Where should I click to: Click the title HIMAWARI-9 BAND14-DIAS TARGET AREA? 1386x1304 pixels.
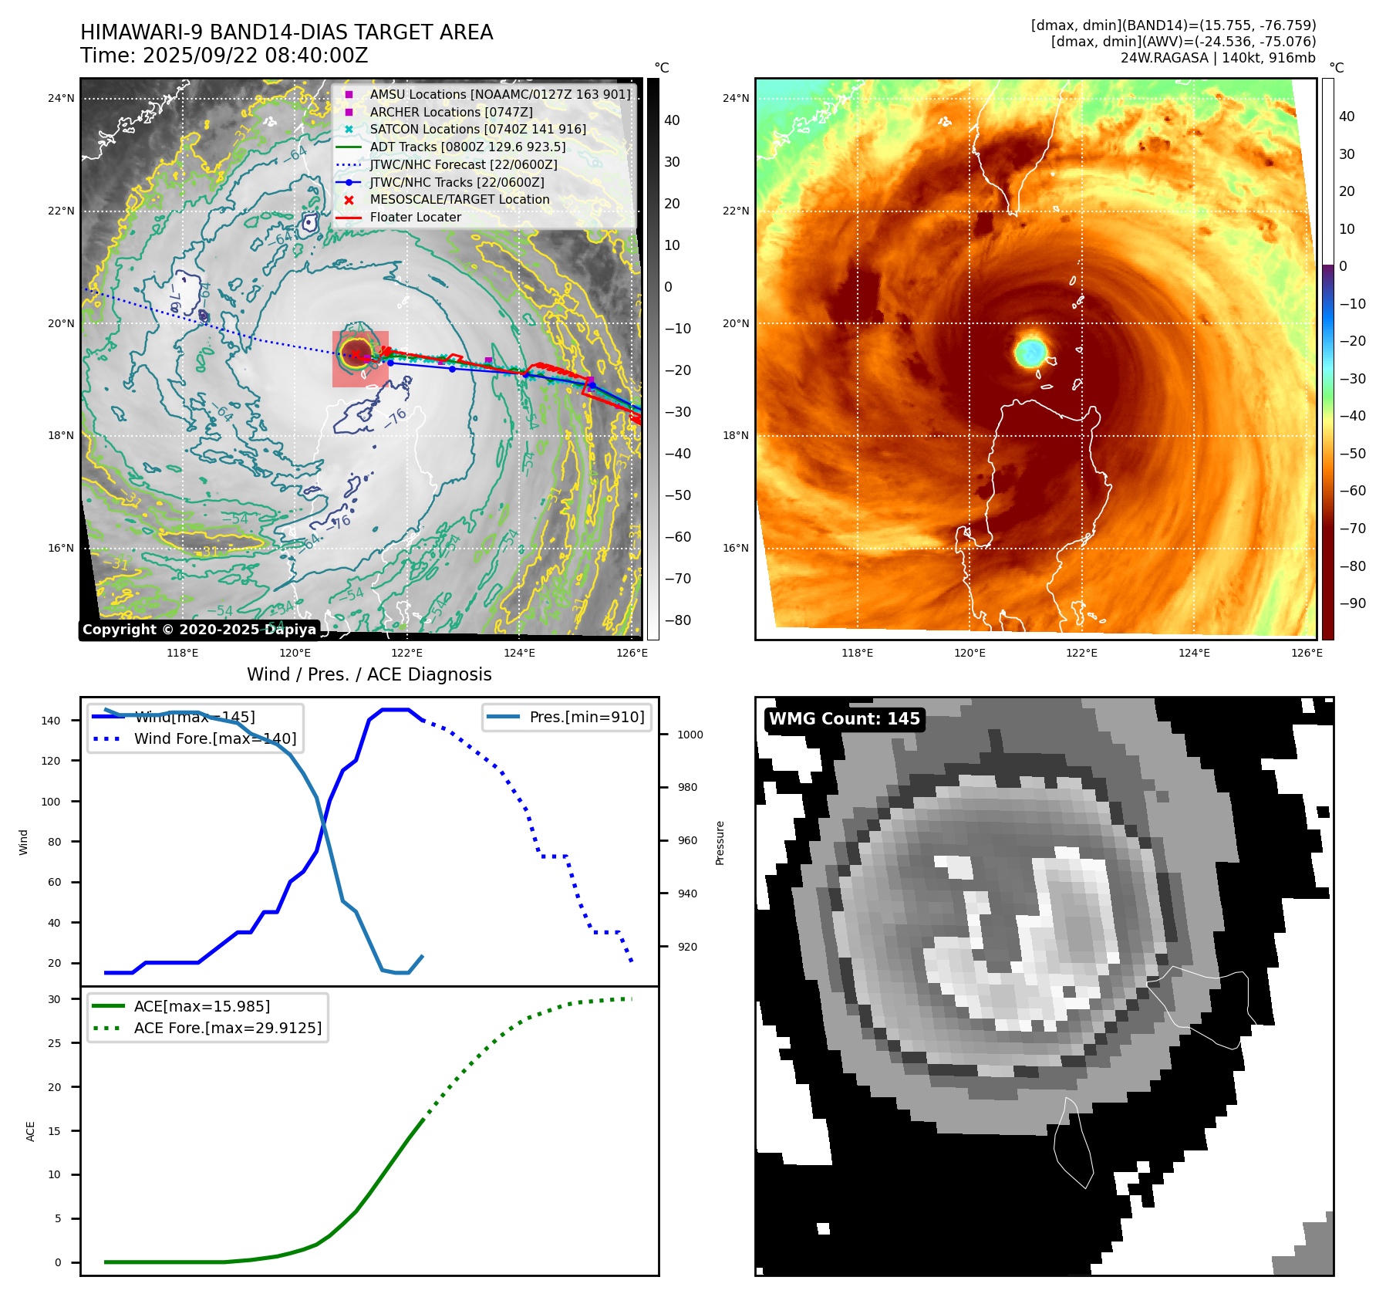(286, 32)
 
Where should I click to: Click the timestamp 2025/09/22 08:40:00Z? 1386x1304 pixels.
(255, 56)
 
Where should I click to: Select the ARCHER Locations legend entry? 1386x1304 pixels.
(450, 112)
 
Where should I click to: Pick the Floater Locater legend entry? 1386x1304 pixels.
(415, 218)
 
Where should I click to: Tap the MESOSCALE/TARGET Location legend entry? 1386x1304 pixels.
(459, 200)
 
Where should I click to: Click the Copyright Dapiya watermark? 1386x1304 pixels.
(199, 630)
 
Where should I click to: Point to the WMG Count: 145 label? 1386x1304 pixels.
(844, 719)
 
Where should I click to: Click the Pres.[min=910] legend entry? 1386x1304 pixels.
(586, 717)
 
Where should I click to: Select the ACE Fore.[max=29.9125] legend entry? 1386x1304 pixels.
(228, 1028)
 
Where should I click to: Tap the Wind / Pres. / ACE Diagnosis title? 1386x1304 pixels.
(369, 674)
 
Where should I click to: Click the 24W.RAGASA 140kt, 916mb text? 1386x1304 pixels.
(1218, 58)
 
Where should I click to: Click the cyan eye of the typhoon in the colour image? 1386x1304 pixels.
(1030, 352)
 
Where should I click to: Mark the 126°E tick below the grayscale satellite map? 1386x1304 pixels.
(632, 653)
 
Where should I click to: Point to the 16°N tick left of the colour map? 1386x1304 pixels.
(735, 549)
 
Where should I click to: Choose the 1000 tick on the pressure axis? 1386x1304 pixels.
(690, 735)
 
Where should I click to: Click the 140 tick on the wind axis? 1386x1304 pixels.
(51, 721)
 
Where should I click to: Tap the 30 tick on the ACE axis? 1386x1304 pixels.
(54, 999)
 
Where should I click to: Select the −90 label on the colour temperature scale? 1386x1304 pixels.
(1352, 603)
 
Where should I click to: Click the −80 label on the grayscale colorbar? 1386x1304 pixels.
(678, 620)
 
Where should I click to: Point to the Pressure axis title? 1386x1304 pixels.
(720, 843)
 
